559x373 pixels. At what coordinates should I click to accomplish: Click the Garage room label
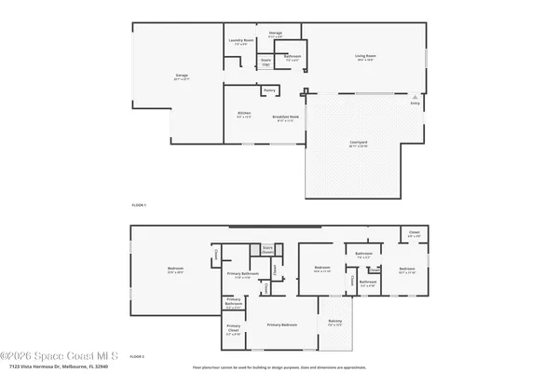point(181,76)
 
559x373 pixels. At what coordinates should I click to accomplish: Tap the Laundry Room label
point(240,40)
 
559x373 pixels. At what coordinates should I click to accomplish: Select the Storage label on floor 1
point(275,34)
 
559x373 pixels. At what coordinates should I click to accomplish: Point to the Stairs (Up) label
point(266,63)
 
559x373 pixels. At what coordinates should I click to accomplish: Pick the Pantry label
point(269,90)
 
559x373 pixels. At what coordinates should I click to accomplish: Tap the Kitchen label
point(244,114)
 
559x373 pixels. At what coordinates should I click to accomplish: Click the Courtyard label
point(358,143)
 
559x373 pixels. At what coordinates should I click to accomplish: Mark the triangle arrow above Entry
point(416,97)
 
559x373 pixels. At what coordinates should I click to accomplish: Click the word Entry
point(416,104)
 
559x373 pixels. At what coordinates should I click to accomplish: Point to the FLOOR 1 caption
point(139,203)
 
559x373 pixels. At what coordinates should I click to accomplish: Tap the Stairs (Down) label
point(267,249)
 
